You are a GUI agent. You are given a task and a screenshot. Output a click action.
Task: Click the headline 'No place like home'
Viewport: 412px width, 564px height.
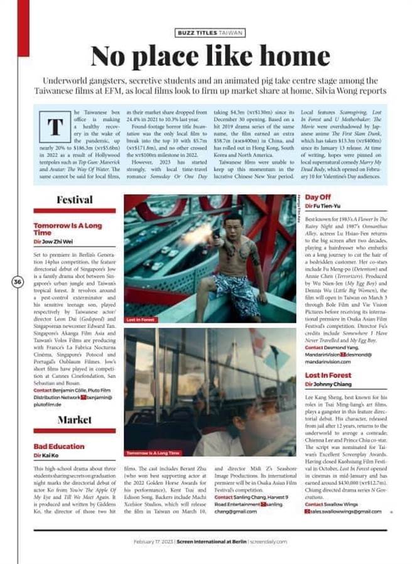210,57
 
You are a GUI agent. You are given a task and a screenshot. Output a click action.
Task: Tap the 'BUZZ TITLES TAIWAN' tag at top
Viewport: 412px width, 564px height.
210,33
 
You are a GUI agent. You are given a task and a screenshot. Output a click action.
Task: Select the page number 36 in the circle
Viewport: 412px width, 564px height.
18,282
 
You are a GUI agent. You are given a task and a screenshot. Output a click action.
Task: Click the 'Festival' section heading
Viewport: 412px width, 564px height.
74,200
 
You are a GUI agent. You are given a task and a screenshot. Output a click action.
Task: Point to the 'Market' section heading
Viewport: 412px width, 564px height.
74,420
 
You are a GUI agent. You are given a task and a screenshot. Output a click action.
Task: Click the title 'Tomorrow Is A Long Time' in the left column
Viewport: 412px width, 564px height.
67,229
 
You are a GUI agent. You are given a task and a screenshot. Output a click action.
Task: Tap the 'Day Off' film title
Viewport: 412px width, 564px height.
318,197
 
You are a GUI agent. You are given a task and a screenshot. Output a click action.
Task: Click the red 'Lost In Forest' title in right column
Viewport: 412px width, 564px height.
328,375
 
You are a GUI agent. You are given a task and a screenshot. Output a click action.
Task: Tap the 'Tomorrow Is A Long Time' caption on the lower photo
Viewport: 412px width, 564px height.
153,452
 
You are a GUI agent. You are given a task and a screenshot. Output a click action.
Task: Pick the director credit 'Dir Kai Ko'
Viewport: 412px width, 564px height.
46,455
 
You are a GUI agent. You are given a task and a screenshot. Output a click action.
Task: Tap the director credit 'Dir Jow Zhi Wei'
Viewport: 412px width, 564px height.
53,242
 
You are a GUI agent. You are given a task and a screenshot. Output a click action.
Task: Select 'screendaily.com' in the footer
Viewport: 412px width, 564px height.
268,541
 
